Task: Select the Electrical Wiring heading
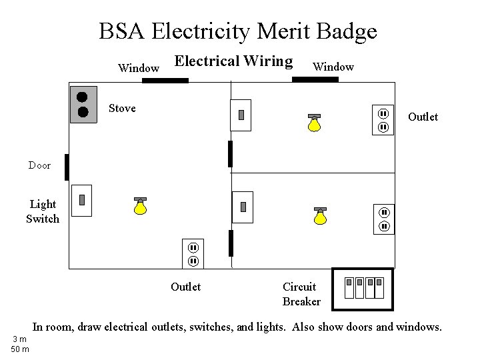coord(233,61)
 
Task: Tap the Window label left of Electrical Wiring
coord(138,68)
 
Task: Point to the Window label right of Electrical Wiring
coord(333,67)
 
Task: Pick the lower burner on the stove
coord(83,111)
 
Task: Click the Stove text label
coord(122,108)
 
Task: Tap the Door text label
coord(39,165)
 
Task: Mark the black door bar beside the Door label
coord(67,167)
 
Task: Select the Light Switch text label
coord(43,211)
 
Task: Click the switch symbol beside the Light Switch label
coord(81,200)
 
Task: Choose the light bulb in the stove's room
coord(139,207)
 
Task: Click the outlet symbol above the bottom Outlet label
coord(192,254)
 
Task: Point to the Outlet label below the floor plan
coord(185,287)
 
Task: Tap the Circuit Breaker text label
coord(301,294)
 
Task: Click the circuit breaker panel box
coord(363,289)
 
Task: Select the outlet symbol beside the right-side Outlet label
coord(384,120)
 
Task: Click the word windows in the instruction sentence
coord(417,327)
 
